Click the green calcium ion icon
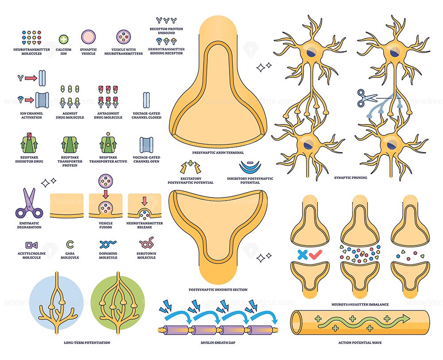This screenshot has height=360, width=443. coord(63,39)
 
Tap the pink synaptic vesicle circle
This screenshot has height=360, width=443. coord(89,37)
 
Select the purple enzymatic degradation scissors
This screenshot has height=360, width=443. coord(29,203)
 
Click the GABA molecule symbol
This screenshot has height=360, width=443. coord(70,244)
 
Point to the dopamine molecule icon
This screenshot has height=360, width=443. coord(108,244)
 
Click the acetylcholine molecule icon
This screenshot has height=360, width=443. coord(31,245)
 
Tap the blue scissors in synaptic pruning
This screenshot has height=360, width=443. coord(367,98)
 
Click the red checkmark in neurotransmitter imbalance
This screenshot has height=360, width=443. coord(315,255)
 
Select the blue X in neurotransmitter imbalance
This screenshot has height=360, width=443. coord(302,255)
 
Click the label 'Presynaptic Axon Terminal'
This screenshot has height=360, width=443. coord(218,152)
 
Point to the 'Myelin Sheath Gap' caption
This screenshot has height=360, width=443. coord(218,342)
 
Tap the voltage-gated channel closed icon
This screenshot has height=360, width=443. coord(146,100)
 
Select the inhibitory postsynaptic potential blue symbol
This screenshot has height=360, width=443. coord(250,166)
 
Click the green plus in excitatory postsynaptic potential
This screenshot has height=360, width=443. coord(190,163)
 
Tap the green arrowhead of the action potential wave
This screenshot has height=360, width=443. coord(406,318)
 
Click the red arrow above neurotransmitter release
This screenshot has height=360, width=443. coord(144,201)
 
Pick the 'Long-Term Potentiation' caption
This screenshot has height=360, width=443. coord(87,342)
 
